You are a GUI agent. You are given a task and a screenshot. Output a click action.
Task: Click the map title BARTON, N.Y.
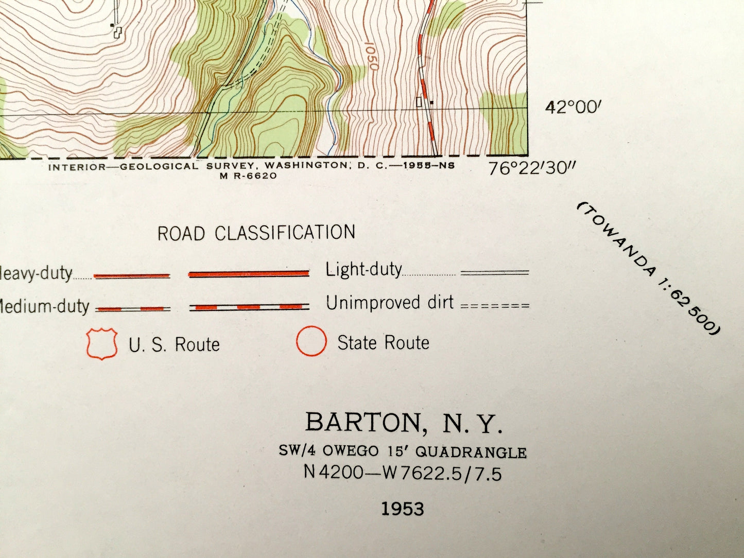click(x=403, y=423)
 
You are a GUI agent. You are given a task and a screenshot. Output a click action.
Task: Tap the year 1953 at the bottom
click(x=403, y=509)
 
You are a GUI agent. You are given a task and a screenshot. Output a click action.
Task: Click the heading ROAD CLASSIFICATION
click(x=256, y=233)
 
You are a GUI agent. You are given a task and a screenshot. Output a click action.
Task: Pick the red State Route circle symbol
click(x=312, y=342)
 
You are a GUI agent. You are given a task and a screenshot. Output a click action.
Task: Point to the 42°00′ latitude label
click(x=573, y=108)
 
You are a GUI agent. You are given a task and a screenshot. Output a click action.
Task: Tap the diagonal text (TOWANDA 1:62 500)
click(x=649, y=268)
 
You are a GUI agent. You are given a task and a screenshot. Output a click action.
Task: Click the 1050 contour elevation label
click(x=372, y=57)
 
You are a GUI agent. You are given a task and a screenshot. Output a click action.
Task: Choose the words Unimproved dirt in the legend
click(x=390, y=303)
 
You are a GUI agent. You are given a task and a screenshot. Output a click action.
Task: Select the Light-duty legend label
click(x=363, y=270)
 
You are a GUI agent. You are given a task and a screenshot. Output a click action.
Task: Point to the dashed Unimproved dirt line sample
click(x=495, y=306)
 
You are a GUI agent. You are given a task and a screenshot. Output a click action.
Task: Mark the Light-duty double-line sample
click(x=495, y=273)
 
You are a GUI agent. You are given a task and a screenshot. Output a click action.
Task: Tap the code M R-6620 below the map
click(x=249, y=176)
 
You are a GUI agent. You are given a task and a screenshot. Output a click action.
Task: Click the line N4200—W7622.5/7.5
click(x=402, y=473)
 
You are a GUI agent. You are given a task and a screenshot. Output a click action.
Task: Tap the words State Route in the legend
click(x=383, y=343)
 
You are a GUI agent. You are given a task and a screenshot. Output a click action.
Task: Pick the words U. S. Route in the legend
click(x=174, y=344)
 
